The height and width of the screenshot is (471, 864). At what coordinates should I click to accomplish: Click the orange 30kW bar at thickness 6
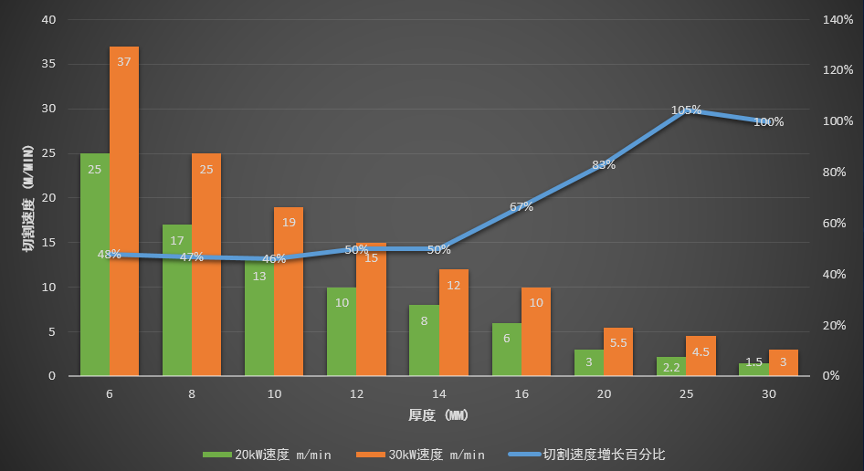(x=124, y=210)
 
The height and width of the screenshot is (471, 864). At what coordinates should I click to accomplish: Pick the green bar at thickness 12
(x=342, y=333)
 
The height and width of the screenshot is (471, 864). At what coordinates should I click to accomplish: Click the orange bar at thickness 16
(x=536, y=333)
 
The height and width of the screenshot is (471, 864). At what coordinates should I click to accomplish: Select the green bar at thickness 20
(x=589, y=362)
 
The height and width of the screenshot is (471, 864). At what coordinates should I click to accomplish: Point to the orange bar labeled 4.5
(x=701, y=357)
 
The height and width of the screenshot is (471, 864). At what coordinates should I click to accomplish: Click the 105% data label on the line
(x=686, y=110)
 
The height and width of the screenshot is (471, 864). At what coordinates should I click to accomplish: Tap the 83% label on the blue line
(x=604, y=165)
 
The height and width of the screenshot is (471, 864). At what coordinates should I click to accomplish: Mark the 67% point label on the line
(x=522, y=206)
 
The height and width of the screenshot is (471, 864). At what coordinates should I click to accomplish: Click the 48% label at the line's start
(x=110, y=255)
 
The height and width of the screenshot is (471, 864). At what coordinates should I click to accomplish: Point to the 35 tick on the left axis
(x=48, y=65)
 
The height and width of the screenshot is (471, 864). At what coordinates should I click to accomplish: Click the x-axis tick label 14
(x=438, y=394)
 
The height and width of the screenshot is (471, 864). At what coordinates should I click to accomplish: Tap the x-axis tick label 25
(x=686, y=394)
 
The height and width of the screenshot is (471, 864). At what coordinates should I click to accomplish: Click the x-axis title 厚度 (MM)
(x=438, y=416)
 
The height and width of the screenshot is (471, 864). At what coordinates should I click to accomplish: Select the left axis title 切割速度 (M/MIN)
(x=27, y=197)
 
